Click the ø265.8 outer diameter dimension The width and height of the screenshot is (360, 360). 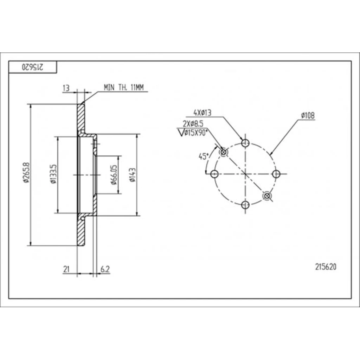[x=26, y=173]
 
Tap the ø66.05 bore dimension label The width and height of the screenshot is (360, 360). [x=114, y=174]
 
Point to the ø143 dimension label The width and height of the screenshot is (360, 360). [x=133, y=175]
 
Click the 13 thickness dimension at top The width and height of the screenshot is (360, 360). [x=66, y=88]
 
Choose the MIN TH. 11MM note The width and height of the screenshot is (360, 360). [x=124, y=88]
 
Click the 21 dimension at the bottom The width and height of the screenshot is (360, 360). [x=66, y=269]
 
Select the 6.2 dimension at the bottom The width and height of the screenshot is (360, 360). [x=105, y=269]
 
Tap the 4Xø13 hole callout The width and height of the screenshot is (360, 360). [x=202, y=113]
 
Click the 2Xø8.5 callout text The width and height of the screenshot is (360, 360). [x=193, y=124]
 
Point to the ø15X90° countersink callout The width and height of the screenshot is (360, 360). [x=193, y=133]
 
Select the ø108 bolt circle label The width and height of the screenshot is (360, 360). [x=308, y=115]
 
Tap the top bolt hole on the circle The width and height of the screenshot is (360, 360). [x=245, y=143]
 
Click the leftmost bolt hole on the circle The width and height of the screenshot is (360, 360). [x=214, y=174]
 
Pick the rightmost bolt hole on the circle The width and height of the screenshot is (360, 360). [x=276, y=174]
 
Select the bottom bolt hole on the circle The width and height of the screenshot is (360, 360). [x=245, y=205]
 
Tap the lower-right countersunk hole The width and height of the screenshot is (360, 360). [x=267, y=196]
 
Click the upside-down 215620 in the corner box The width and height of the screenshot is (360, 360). [x=32, y=67]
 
